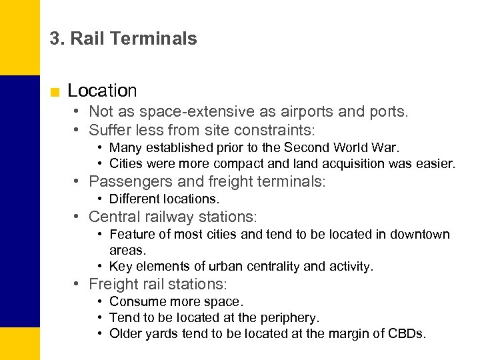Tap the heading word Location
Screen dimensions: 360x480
[102, 91]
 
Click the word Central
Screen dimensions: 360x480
[113, 217]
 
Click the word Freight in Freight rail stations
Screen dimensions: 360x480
[113, 284]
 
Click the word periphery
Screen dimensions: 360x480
[289, 317]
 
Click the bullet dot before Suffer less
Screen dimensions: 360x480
[78, 129]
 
